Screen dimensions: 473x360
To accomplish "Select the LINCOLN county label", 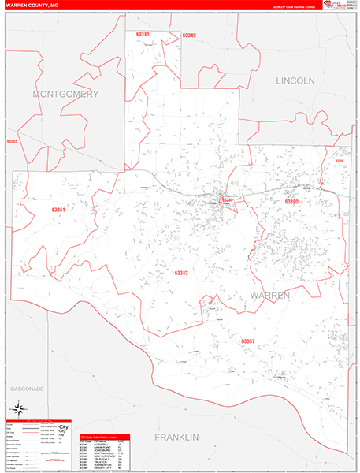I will pos(295,80).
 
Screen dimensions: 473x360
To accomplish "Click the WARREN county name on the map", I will pos(270,294).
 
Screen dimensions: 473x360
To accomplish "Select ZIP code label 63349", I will pos(189,35).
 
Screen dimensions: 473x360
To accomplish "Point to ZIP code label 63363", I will pos(11,142).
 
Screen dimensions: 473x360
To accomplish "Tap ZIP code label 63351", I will pos(58,210).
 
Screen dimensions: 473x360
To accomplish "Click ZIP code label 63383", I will pos(181,273).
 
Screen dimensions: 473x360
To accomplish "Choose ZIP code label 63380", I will pos(228,200).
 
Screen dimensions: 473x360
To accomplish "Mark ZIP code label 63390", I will pos(291,202).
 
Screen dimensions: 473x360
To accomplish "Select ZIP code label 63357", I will pos(247,341).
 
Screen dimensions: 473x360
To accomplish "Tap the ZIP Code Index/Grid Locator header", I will pos(104,437).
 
